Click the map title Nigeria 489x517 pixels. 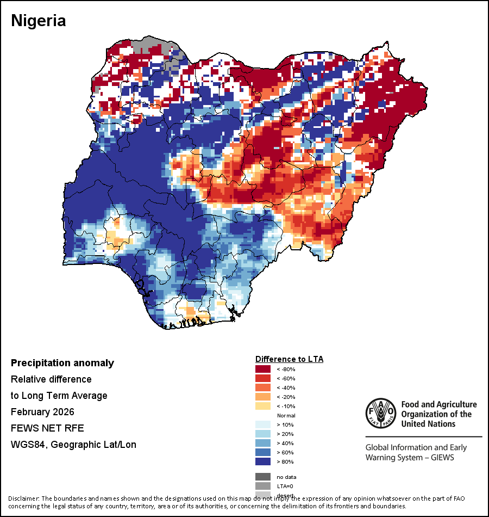(x=39, y=21)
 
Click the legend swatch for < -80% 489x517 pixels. (x=263, y=369)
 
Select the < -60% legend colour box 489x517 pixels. (x=263, y=378)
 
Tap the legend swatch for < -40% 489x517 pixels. (x=263, y=387)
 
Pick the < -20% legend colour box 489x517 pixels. (x=263, y=397)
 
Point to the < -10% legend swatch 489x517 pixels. (x=263, y=406)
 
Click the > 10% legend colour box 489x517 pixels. (x=263, y=424)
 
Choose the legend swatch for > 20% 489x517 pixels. (x=263, y=434)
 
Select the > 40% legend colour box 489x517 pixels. (x=263, y=443)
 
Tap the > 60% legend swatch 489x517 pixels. (x=263, y=452)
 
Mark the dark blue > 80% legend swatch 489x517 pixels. (x=263, y=461)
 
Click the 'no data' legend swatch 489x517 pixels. (x=263, y=477)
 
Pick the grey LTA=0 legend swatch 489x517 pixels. (x=263, y=485)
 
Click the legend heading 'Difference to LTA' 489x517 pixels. (x=289, y=359)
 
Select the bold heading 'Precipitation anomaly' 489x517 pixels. (x=62, y=363)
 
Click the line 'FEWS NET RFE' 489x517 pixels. (x=47, y=428)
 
